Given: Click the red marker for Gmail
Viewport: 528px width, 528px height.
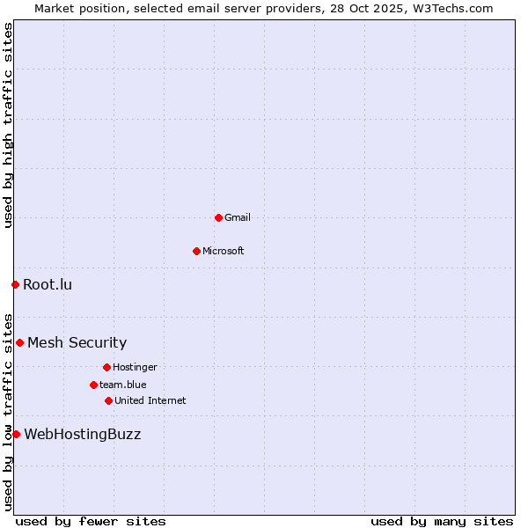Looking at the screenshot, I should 218,217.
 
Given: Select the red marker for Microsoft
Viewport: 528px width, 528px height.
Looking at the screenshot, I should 196,251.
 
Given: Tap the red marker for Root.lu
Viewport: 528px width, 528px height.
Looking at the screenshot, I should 15,284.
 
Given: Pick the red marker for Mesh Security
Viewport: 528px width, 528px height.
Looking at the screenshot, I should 19,342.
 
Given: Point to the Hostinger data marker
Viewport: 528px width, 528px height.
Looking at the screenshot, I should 106,367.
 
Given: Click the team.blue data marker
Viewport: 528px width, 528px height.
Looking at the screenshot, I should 93,385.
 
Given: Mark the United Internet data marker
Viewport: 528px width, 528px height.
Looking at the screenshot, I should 108,400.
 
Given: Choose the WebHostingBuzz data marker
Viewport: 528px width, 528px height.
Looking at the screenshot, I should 16,434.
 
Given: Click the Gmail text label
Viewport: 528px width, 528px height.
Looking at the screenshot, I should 238,217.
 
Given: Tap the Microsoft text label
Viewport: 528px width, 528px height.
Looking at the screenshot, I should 224,251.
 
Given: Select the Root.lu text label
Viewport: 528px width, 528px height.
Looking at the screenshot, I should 48,284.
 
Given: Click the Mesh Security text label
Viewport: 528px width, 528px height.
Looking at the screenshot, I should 77,342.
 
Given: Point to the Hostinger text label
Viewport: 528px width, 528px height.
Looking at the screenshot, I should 135,367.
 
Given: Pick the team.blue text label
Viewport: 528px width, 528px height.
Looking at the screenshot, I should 123,385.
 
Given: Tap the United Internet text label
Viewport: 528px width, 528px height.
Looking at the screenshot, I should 150,400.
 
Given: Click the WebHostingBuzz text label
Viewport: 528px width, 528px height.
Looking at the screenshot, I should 82,434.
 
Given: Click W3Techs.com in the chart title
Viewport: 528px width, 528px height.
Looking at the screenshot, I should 455,8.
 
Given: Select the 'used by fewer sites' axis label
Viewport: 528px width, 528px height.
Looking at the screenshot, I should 91,521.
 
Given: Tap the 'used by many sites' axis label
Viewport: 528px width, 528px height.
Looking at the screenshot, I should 442,521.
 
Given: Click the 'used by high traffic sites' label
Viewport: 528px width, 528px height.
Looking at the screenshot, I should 8,125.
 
